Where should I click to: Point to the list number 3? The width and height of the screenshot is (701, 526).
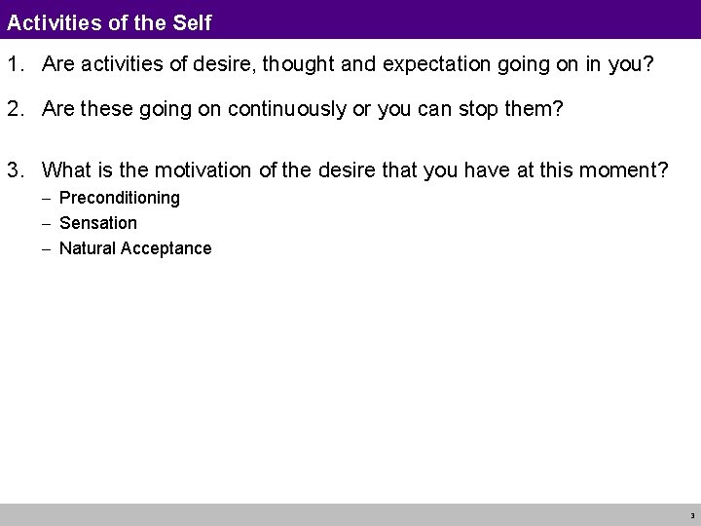15,171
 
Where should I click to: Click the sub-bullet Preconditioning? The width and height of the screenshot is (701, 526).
120,198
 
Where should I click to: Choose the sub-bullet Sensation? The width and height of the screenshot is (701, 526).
98,223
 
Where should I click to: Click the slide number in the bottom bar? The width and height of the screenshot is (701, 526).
691,515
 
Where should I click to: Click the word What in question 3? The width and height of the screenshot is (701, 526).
68,171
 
